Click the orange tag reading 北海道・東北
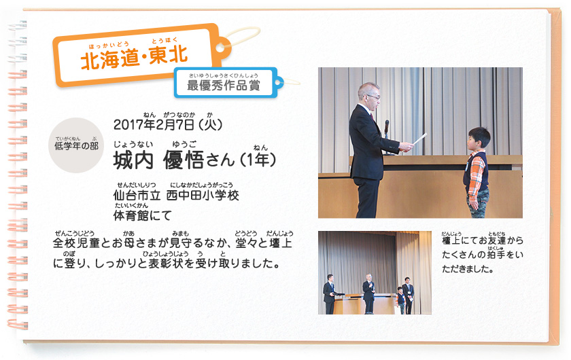tap(142, 54)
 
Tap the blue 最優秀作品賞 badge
tap(226, 83)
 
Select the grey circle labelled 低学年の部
tap(76, 145)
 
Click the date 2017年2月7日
tap(154, 125)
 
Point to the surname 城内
tap(133, 160)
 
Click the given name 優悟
tap(184, 160)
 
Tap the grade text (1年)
tap(258, 160)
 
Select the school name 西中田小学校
tap(203, 196)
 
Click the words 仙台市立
tap(137, 196)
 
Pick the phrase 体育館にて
tap(142, 215)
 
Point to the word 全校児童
tap(76, 242)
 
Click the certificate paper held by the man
tap(419, 139)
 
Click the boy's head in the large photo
tap(479, 138)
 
